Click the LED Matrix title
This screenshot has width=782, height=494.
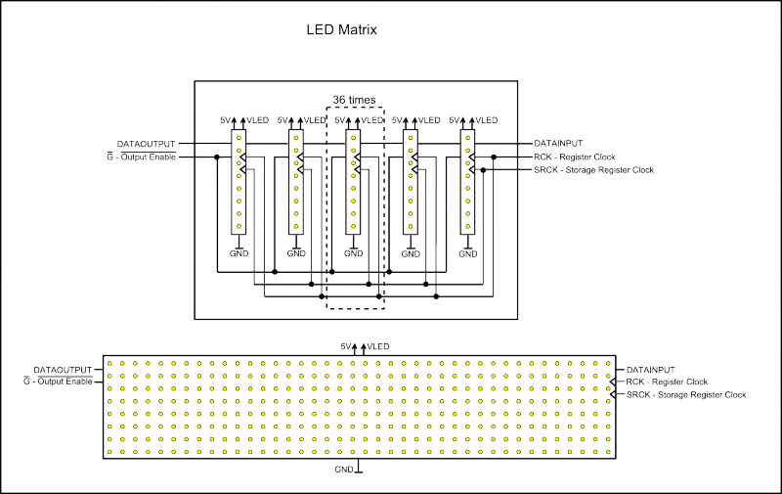coord(342,30)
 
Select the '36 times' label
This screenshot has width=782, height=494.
coord(354,100)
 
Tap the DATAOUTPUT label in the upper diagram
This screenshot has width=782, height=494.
coord(147,143)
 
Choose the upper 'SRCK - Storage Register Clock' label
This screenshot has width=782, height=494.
coord(593,170)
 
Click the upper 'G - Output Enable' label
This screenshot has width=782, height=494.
coord(141,157)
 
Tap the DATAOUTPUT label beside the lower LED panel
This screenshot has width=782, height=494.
coord(63,369)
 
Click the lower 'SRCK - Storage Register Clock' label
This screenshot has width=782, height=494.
coord(686,395)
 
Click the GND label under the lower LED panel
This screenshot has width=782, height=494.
coord(344,470)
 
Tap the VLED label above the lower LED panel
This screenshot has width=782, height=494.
coord(378,346)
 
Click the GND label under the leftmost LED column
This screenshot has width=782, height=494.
coord(239,253)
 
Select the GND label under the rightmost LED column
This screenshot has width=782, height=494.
coord(467,253)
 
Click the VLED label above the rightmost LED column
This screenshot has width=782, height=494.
coord(486,119)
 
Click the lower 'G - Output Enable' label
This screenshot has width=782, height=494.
coord(58,382)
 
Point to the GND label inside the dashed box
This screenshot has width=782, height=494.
coord(353,253)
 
